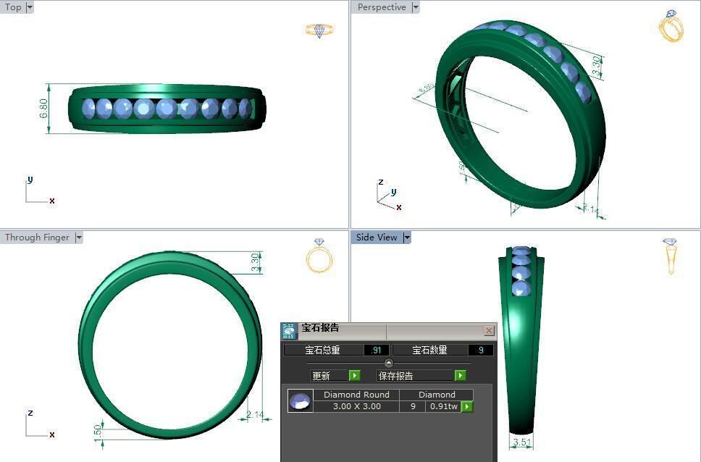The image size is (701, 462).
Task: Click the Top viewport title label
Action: tap(13, 7)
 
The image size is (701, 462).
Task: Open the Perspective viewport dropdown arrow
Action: tap(416, 7)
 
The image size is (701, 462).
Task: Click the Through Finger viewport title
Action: tap(37, 238)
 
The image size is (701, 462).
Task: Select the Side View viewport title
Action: tap(377, 238)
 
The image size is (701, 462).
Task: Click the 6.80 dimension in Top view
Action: tap(44, 109)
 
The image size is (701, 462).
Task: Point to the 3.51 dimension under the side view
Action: tap(521, 442)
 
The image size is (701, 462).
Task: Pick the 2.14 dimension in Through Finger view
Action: tap(254, 415)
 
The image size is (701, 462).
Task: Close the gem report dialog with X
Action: tap(489, 331)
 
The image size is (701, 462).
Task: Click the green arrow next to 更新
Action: tap(354, 375)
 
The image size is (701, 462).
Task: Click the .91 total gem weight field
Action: tap(376, 350)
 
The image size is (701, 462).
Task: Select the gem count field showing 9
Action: tap(481, 350)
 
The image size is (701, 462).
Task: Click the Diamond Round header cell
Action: tap(356, 395)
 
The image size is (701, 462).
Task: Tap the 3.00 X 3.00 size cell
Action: tap(356, 406)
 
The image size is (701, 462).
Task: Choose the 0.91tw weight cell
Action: tap(443, 406)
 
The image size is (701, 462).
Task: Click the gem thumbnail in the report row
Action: tap(300, 400)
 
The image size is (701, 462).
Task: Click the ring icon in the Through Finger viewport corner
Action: tap(319, 256)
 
